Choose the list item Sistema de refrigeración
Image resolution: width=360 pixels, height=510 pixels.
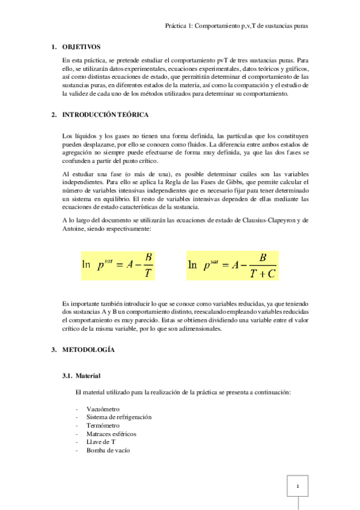pos(119,417)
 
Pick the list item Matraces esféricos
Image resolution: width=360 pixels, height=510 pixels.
pos(111,433)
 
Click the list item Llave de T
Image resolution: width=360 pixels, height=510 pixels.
pos(100,441)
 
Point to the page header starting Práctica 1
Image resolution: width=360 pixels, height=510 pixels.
pos(240,26)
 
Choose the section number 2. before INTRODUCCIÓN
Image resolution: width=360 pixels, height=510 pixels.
pos(53,114)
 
